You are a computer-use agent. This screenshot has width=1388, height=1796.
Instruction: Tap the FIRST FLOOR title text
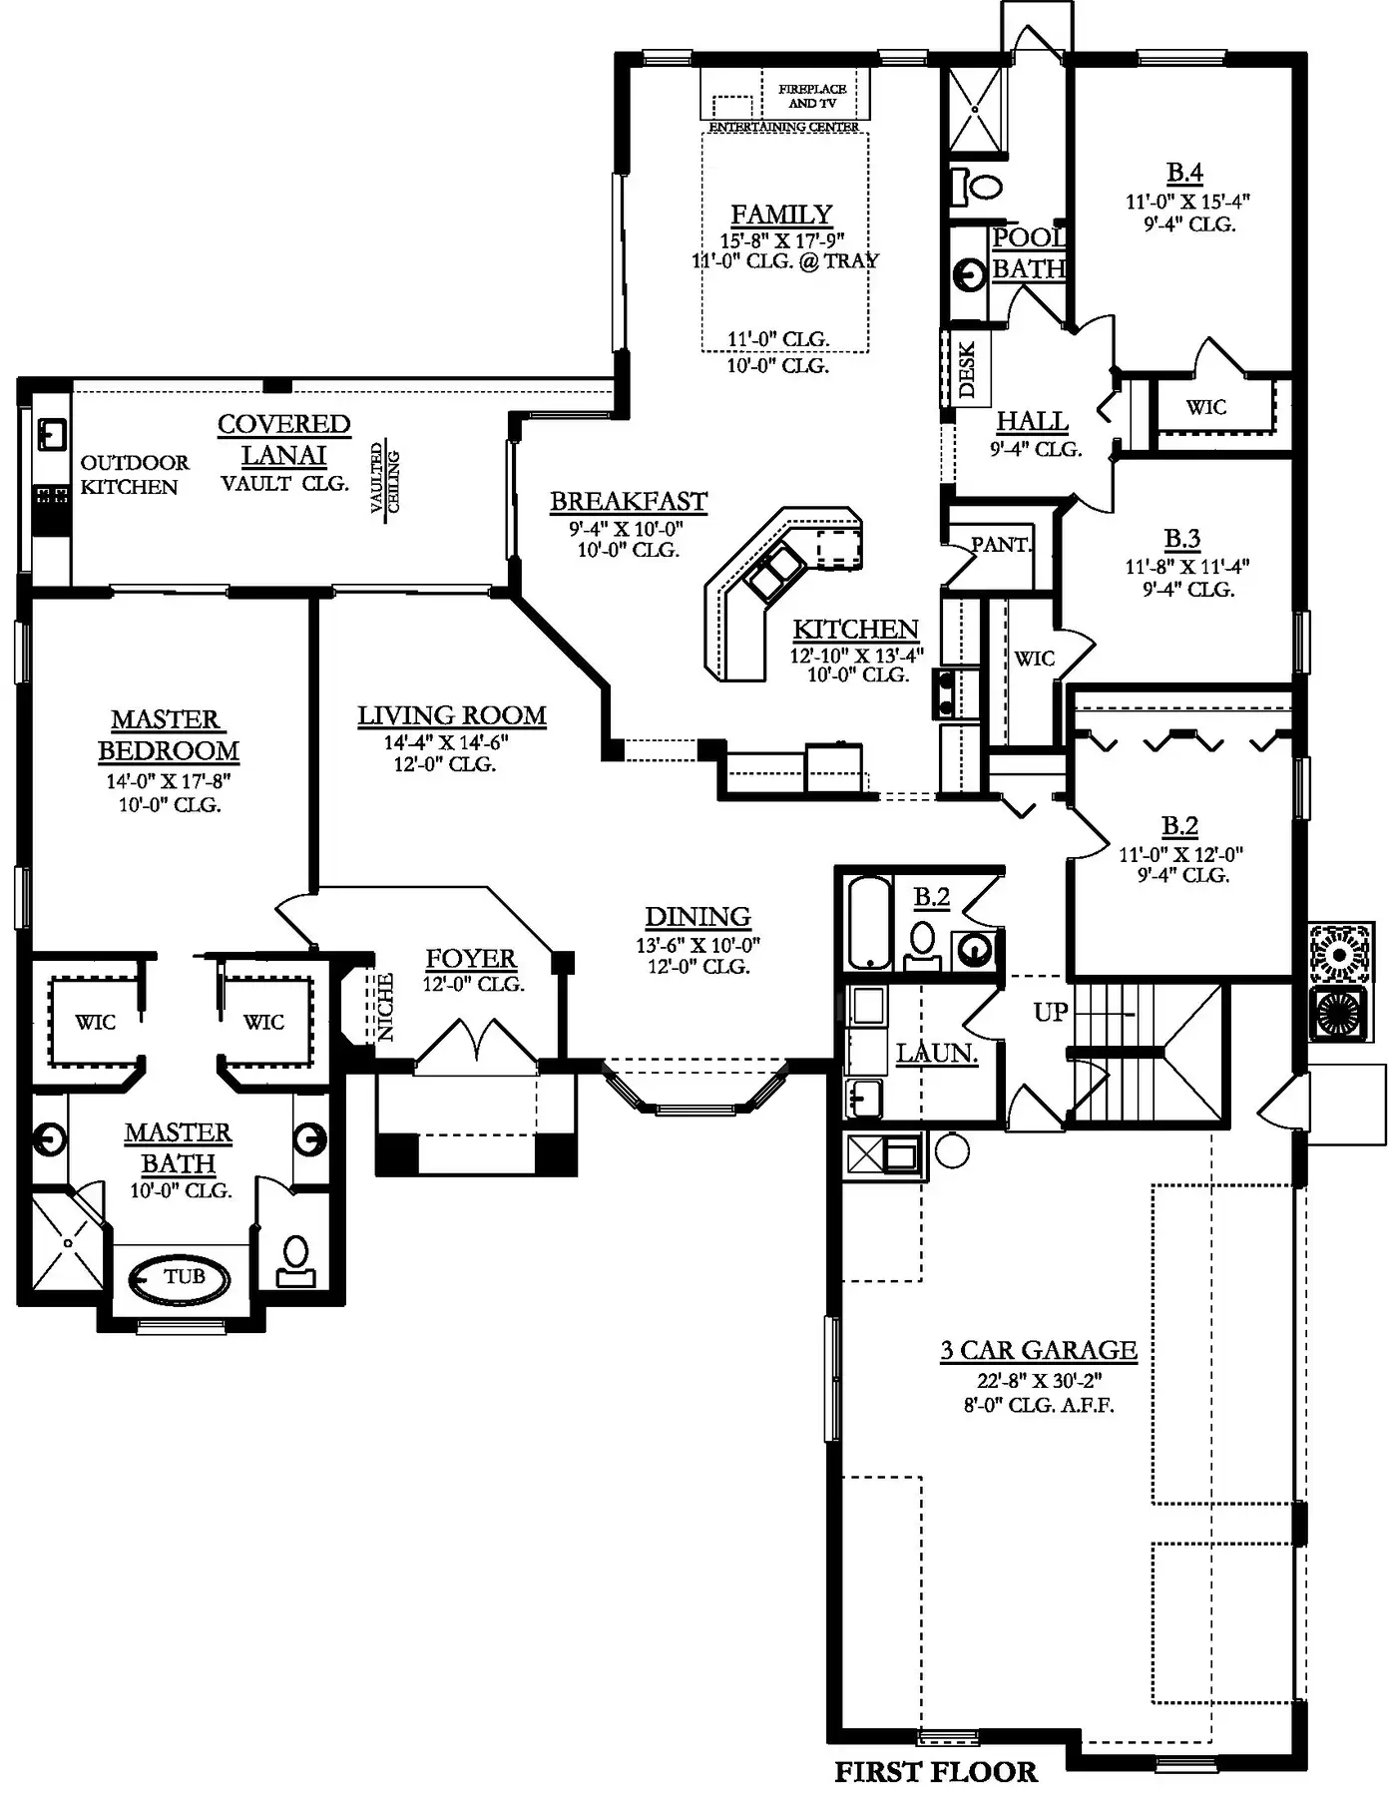tap(936, 1771)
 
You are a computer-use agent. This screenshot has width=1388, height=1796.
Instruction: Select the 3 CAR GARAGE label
tap(1039, 1350)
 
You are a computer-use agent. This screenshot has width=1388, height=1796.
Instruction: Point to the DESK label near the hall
tap(967, 370)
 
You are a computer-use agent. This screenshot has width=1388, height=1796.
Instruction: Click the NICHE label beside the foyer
tap(385, 1007)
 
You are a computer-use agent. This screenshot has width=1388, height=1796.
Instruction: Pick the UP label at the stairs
tap(1051, 1012)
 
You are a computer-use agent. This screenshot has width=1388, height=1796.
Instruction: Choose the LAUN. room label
tap(936, 1053)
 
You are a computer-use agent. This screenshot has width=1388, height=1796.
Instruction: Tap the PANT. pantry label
tap(1001, 545)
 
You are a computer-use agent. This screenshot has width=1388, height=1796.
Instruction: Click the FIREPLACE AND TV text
tap(813, 96)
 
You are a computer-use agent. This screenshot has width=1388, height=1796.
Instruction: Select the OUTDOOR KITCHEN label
tap(134, 475)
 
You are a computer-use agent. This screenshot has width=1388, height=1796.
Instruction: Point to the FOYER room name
tap(471, 959)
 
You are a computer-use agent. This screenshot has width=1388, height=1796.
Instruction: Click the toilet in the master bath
tap(295, 1261)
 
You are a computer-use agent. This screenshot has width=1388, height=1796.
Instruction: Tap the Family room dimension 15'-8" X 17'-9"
tap(782, 240)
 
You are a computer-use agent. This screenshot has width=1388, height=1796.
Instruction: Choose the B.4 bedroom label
tap(1184, 173)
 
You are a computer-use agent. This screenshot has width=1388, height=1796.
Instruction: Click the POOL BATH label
tap(1029, 252)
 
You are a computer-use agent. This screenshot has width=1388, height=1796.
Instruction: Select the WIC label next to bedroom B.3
tap(1034, 659)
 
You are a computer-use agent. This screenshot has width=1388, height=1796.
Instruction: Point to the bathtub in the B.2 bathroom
tap(868, 922)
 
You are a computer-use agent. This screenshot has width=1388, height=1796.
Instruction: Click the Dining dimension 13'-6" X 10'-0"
tap(698, 945)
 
